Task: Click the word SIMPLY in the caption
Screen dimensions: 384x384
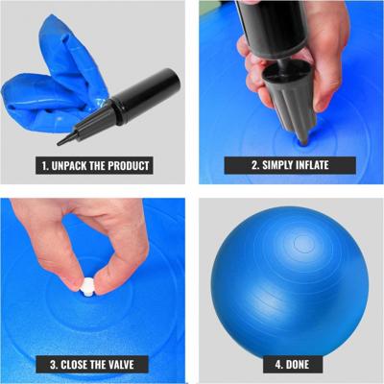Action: click(277, 165)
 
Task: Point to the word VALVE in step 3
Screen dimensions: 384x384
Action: click(121, 365)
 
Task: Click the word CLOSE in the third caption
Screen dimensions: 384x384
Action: click(74, 365)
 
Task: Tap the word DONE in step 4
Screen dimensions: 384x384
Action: click(298, 365)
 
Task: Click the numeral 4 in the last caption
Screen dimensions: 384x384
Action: click(277, 365)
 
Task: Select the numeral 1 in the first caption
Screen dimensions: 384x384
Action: click(44, 166)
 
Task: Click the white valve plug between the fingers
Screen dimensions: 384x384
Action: click(87, 287)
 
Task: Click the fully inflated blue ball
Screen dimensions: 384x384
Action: click(290, 281)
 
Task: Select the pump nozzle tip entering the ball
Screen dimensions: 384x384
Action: click(302, 141)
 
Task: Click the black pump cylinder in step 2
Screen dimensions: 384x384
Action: click(276, 29)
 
